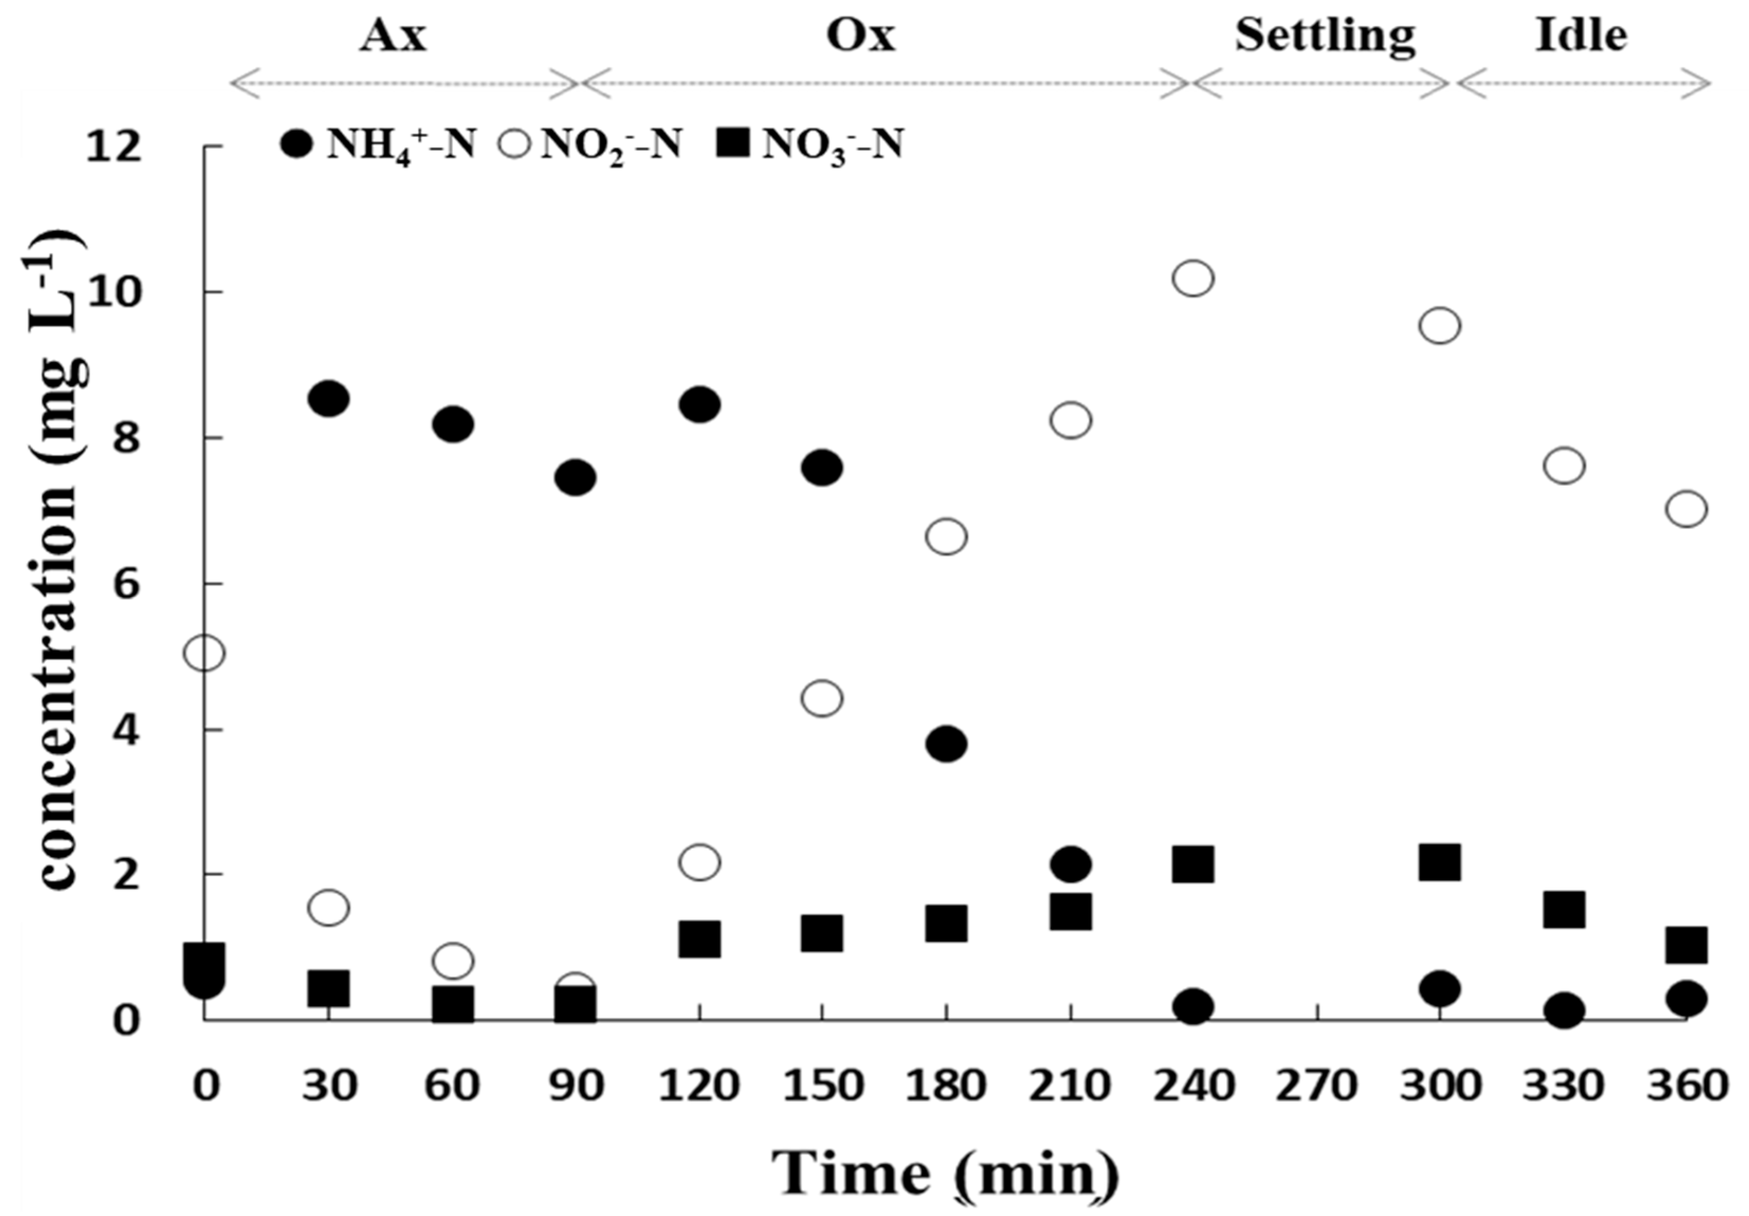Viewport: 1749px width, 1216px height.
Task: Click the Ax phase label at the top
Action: pyautogui.click(x=393, y=36)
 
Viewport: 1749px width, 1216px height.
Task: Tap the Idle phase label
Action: pyautogui.click(x=1581, y=36)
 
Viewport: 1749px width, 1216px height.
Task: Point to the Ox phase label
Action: pyautogui.click(x=861, y=36)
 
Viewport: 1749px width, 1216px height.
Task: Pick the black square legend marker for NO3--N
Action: pyautogui.click(x=734, y=143)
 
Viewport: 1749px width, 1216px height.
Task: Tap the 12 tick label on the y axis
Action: pyautogui.click(x=114, y=147)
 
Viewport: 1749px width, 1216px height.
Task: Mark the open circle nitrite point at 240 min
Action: pyautogui.click(x=1193, y=278)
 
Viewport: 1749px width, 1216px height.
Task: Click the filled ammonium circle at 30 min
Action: pyautogui.click(x=329, y=398)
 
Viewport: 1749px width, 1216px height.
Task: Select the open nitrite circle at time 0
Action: pyautogui.click(x=204, y=652)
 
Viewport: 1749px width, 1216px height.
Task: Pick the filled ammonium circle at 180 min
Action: pyautogui.click(x=947, y=743)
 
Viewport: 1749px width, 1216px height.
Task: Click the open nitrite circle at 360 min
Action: pyautogui.click(x=1687, y=509)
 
